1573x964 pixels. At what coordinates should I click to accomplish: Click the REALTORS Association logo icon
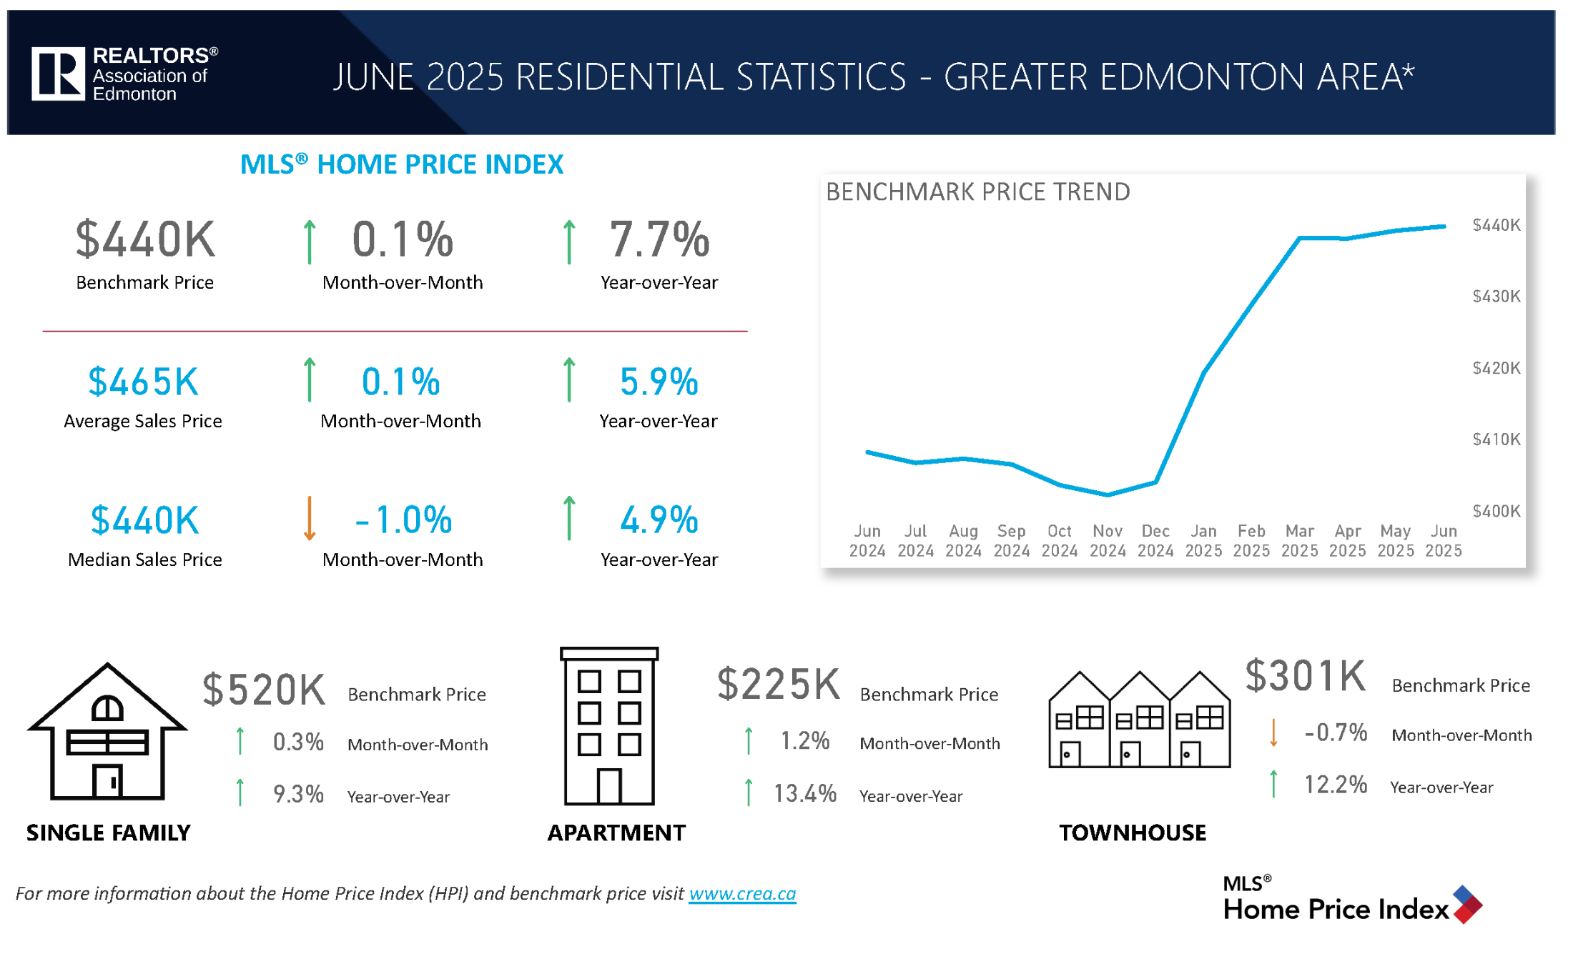[59, 74]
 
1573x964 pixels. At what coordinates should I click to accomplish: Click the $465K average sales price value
[143, 382]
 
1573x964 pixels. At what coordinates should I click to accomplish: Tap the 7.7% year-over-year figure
[659, 239]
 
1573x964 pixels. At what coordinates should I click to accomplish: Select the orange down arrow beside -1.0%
[310, 519]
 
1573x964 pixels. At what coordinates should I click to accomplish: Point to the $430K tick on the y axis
[1496, 297]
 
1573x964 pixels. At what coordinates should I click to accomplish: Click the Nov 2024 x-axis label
[1107, 541]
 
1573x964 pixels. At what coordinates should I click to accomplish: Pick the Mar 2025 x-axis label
[1299, 541]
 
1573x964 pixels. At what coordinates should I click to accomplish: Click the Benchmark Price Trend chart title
[977, 192]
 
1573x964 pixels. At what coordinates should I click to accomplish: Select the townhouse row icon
[1139, 720]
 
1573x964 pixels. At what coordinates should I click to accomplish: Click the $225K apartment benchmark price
[778, 684]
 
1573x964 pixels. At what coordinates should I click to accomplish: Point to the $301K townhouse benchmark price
[1305, 675]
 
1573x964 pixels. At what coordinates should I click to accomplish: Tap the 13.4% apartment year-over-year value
[804, 793]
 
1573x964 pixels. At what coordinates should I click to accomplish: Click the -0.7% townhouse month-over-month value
[1335, 732]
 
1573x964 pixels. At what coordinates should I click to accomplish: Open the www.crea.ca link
[742, 894]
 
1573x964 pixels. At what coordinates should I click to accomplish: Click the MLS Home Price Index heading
[402, 164]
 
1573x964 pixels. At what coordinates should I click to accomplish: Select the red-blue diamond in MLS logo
[1466, 905]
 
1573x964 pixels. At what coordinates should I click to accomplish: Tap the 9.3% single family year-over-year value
[298, 794]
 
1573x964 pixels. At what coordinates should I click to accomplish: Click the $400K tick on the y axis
[1496, 512]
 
